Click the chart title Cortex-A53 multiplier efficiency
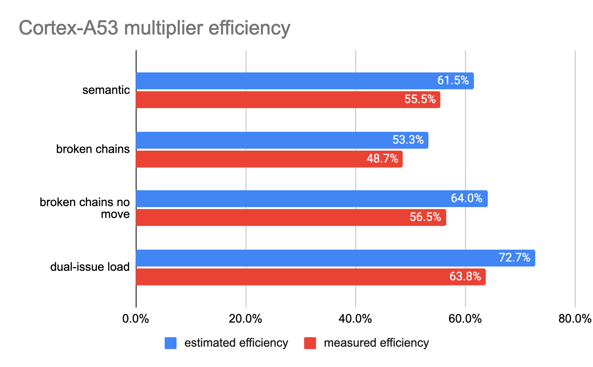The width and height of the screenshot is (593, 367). coord(154,28)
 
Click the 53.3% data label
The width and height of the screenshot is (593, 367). coord(408,140)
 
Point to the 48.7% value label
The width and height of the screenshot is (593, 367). coord(382,159)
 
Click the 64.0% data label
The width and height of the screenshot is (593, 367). coord(466,198)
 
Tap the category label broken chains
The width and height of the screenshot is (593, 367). coord(93,149)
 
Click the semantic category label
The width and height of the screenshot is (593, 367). coord(106,90)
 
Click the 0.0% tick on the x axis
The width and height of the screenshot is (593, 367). coord(136,319)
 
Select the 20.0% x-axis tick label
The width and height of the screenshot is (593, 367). coord(246,319)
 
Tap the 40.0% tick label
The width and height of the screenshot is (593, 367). coord(355,319)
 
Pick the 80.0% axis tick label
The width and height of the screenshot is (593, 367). coord(575,319)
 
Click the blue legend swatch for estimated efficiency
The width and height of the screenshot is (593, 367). coord(170,343)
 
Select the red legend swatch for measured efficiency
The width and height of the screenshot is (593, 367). coord(310,343)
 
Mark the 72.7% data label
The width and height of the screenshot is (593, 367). coord(514,258)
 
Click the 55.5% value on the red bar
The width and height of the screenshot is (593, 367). coord(420,100)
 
